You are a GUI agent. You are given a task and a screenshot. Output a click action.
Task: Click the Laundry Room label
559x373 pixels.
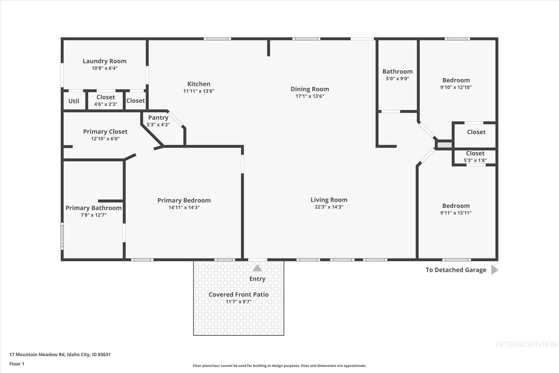pyautogui.click(x=105, y=61)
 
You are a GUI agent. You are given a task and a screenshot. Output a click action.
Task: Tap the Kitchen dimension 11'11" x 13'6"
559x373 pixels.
pyautogui.click(x=199, y=91)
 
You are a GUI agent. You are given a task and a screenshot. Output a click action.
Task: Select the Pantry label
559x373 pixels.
pyautogui.click(x=158, y=118)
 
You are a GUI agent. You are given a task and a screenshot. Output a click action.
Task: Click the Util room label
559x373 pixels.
pyautogui.click(x=74, y=101)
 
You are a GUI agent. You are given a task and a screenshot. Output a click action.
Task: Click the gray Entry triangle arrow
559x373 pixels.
pyautogui.click(x=257, y=268)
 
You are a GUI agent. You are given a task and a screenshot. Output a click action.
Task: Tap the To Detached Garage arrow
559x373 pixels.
pyautogui.click(x=495, y=270)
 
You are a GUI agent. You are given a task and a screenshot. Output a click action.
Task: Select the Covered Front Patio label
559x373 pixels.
pyautogui.click(x=239, y=294)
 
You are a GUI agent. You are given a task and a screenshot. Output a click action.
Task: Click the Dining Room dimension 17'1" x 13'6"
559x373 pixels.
pyautogui.click(x=310, y=96)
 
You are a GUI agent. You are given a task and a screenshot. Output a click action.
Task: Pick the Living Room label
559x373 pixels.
pyautogui.click(x=329, y=200)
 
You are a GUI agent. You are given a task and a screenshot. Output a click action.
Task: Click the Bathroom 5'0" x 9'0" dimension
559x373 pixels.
pyautogui.click(x=397, y=78)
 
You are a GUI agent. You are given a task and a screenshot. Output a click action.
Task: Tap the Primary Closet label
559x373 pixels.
pyautogui.click(x=105, y=131)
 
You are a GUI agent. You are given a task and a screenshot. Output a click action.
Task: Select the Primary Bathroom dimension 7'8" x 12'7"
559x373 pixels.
pyautogui.click(x=93, y=215)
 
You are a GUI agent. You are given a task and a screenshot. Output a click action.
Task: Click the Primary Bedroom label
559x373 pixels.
pyautogui.click(x=184, y=200)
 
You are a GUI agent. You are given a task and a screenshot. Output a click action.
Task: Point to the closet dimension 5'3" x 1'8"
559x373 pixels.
pyautogui.click(x=475, y=160)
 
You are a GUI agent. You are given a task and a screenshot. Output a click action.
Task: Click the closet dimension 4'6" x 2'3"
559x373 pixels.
pyautogui.click(x=106, y=104)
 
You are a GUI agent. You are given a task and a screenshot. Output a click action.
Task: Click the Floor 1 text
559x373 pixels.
pyautogui.click(x=17, y=364)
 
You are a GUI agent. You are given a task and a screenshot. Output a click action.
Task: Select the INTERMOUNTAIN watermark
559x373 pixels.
pyautogui.click(x=527, y=345)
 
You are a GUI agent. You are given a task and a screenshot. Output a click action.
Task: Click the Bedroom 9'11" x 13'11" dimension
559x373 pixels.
pyautogui.click(x=456, y=213)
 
